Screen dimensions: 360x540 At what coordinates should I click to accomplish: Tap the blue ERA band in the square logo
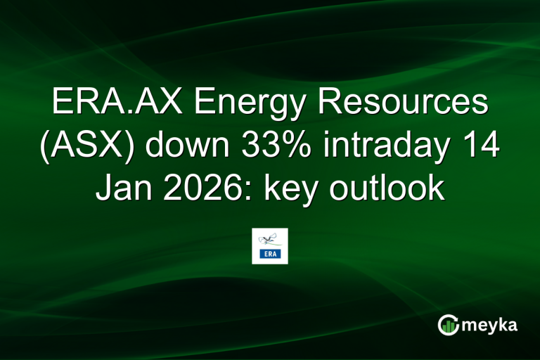pos(270,255)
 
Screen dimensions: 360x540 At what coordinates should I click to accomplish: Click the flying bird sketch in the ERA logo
pos(270,239)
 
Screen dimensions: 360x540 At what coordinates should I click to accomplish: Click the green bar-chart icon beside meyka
pos(449,325)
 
